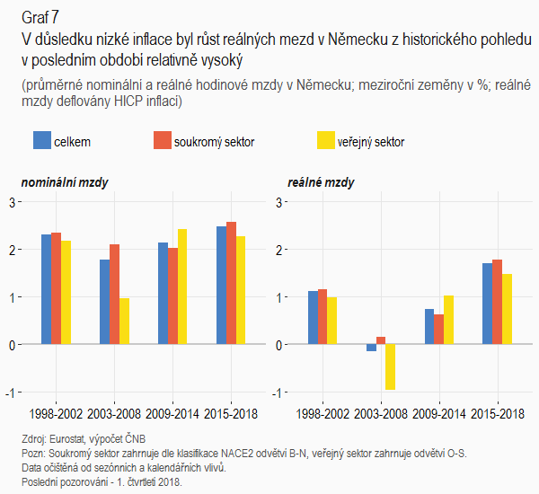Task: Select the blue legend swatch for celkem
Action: pos(42,140)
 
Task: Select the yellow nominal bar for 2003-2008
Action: pos(125,321)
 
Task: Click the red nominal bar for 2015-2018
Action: pos(231,283)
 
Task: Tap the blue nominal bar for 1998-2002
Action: pos(46,289)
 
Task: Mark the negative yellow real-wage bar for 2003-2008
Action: pos(390,366)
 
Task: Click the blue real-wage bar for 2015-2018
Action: pos(487,304)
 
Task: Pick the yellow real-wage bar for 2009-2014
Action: pos(448,320)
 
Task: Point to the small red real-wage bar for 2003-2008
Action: pos(381,340)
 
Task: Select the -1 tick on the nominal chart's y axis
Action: pos(9,393)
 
